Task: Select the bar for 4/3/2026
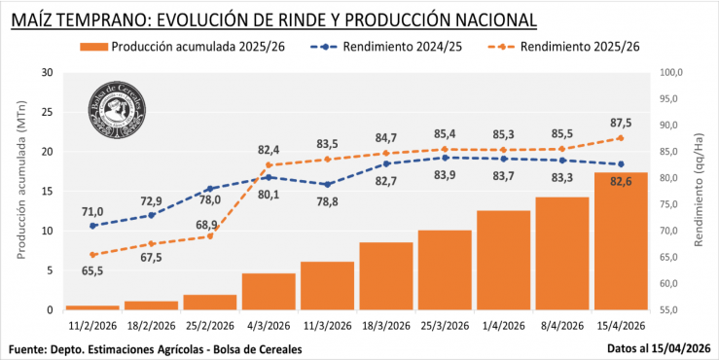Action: click(269, 292)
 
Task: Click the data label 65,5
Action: click(92, 271)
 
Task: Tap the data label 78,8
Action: click(327, 201)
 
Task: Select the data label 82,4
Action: click(269, 150)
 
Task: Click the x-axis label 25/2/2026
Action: click(209, 326)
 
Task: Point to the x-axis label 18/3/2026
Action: click(385, 326)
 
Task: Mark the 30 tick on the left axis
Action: click(47, 72)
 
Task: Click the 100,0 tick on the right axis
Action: click(673, 72)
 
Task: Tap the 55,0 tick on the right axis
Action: click(673, 310)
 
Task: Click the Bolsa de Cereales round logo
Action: click(116, 106)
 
